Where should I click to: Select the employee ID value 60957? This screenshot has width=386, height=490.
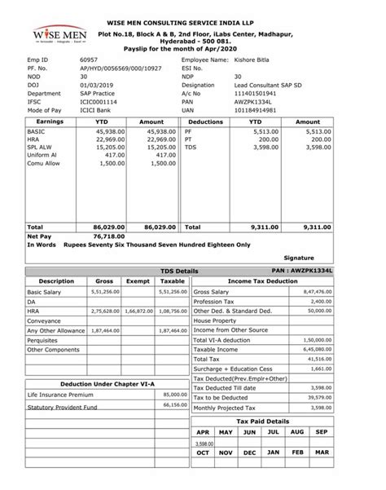(89, 61)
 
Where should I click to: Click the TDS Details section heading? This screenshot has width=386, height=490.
(180, 269)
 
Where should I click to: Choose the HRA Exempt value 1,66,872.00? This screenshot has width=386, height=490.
(135, 311)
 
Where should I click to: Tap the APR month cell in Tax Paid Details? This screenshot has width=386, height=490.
(204, 431)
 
